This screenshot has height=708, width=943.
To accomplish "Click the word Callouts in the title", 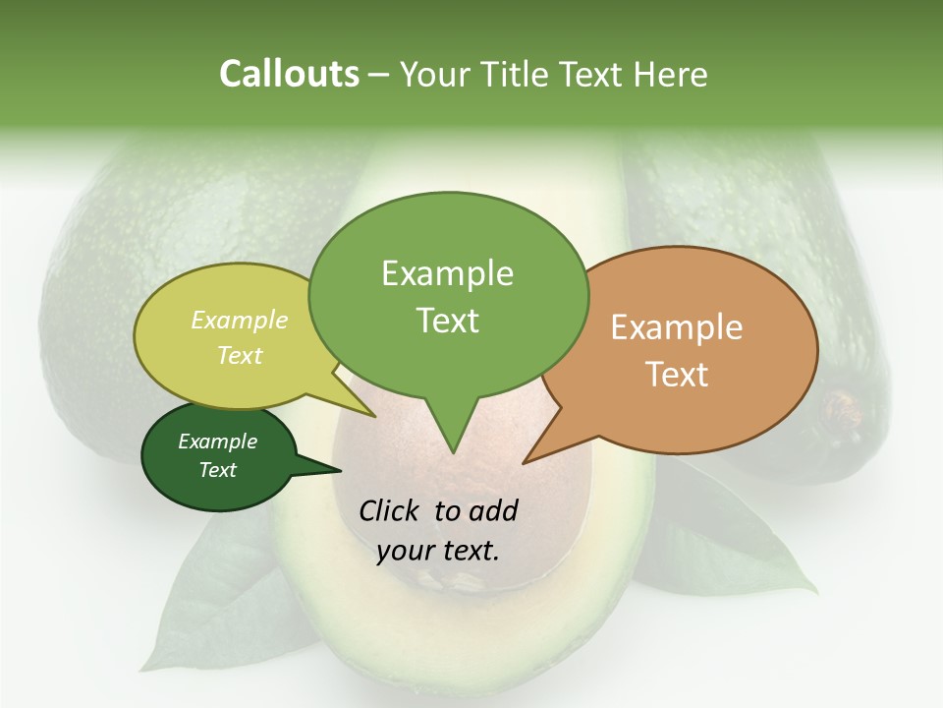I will click(x=289, y=74).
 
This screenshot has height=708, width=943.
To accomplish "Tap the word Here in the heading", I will click(x=667, y=74).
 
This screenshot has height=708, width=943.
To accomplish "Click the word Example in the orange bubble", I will click(x=677, y=327).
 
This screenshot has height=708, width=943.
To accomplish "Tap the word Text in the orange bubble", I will click(x=677, y=375).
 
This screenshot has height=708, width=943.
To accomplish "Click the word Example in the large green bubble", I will click(x=447, y=273).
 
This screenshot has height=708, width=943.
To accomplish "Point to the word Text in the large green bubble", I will click(x=447, y=321).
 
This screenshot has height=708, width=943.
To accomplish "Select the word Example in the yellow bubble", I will click(x=240, y=320).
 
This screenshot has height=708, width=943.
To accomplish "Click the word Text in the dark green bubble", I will click(x=218, y=470).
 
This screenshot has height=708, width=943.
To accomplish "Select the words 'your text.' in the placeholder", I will click(x=438, y=551).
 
